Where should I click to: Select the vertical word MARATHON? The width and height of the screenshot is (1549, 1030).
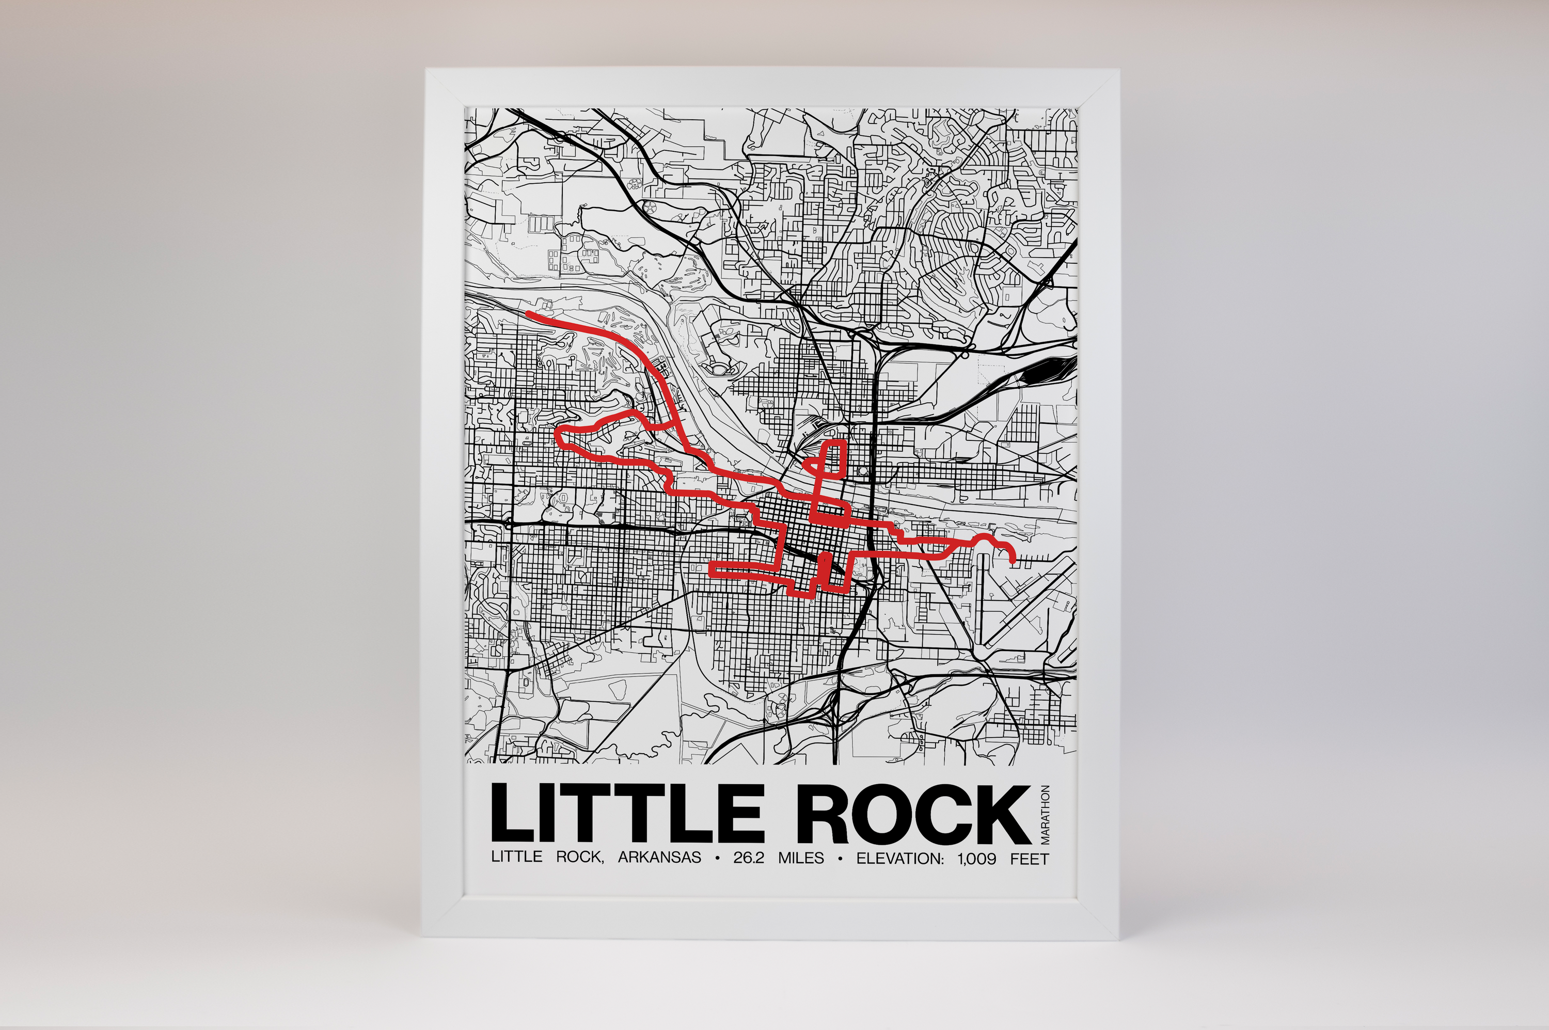click(1045, 815)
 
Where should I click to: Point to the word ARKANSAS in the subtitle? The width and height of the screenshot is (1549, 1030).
click(659, 858)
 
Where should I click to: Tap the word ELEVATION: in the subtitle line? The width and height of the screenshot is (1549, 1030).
click(900, 858)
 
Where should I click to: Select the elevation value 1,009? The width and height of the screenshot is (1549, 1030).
click(977, 858)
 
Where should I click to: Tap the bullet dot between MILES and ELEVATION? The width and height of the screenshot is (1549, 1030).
click(840, 859)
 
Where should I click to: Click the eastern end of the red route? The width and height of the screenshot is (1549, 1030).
click(1014, 560)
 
